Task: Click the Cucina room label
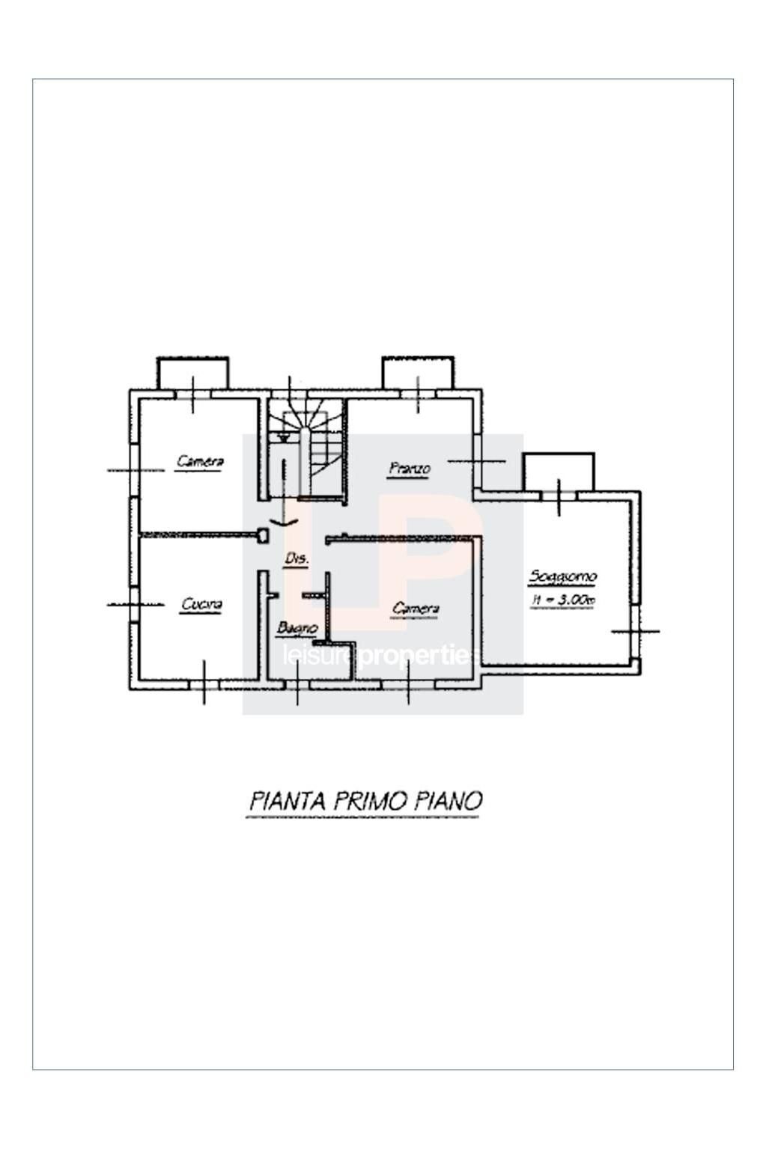pos(201,604)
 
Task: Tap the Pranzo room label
pos(410,469)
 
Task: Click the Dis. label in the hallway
pos(297,558)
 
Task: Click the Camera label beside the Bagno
pos(416,609)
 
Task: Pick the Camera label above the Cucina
pos(200,461)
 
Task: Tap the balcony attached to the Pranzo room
pos(417,371)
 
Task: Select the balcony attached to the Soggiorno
pos(558,470)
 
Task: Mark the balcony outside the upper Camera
pos(192,371)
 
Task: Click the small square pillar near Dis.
pos(263,535)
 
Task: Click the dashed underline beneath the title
pos(362,817)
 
